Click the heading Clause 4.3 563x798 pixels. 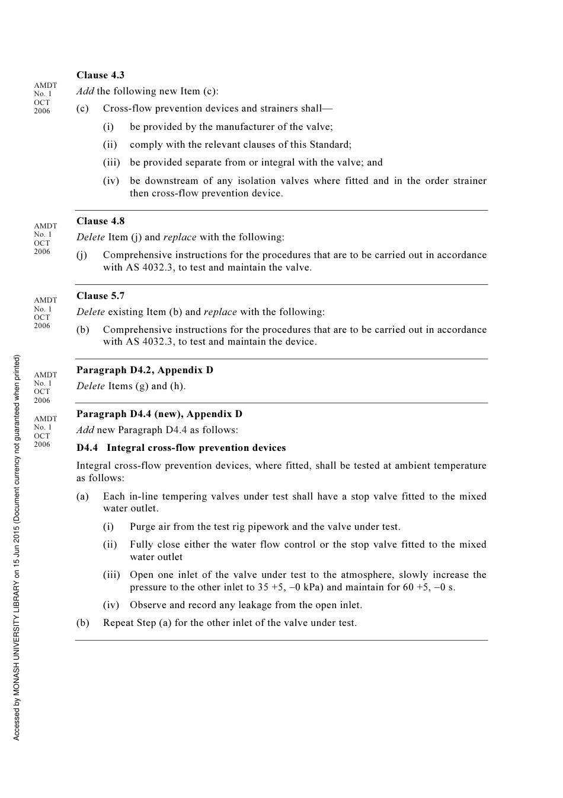[x=100, y=75]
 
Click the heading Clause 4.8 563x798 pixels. [x=100, y=221]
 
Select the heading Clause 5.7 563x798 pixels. [x=100, y=295]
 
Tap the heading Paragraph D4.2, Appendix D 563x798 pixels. [x=145, y=370]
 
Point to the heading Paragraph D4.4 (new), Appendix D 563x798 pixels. [x=159, y=414]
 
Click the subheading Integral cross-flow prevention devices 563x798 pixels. [x=196, y=447]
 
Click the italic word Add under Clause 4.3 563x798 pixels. [x=85, y=91]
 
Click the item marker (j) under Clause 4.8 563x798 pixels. [x=82, y=255]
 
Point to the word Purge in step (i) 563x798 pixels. [x=143, y=526]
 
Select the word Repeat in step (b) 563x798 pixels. [x=119, y=622]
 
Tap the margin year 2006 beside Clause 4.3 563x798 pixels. [x=42, y=111]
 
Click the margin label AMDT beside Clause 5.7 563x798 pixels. [x=46, y=300]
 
